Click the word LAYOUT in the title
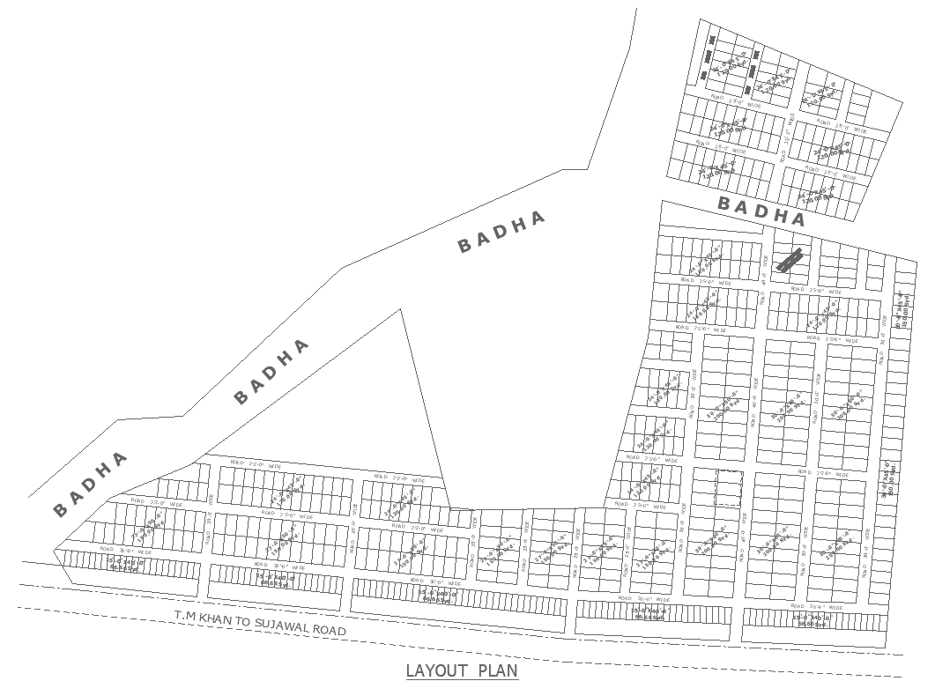tap(436, 671)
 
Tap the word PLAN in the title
tap(498, 671)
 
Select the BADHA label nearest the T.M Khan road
tap(90, 484)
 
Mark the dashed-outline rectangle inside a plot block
tap(728, 488)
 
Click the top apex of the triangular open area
tap(402, 309)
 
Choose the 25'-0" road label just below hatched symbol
tap(810, 289)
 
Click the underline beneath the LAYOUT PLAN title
tap(462, 681)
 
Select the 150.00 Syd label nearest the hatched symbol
tap(823, 316)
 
